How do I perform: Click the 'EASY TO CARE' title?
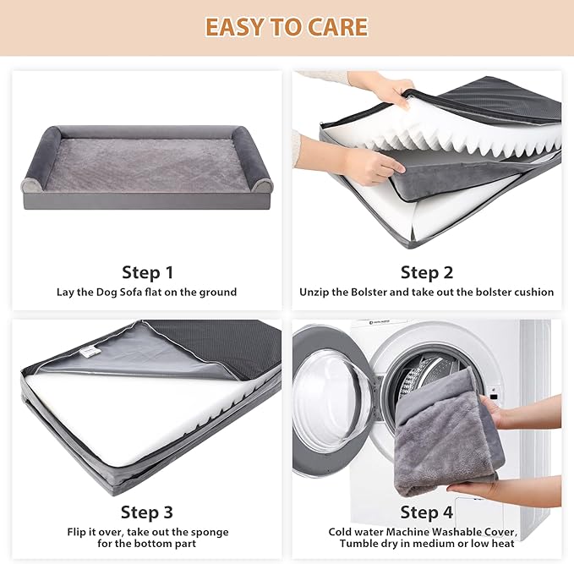pos(287,27)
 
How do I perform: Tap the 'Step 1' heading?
pos(147,272)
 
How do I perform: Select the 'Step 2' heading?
pos(426,272)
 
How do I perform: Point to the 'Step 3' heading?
pos(147,512)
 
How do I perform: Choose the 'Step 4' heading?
pos(426,512)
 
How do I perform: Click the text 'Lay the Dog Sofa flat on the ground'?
pos(147,293)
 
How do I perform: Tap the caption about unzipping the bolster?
pos(426,293)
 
